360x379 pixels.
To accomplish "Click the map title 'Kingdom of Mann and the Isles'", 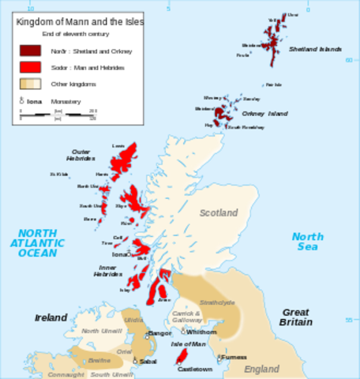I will click(80, 23).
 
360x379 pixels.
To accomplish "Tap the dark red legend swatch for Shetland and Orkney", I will click(31, 51).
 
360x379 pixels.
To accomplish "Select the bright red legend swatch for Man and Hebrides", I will click(31, 67).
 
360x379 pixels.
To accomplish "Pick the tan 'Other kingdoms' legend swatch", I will click(31, 84).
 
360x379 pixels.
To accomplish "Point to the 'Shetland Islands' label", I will click(314, 49).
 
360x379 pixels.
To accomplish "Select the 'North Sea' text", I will click(307, 242).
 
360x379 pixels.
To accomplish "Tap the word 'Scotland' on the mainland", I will click(218, 213).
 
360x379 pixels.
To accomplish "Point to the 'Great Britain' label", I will click(296, 317).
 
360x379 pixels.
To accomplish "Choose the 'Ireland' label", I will click(51, 317).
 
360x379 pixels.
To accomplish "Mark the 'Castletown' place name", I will click(196, 369).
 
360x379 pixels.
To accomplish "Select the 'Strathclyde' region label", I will click(217, 302).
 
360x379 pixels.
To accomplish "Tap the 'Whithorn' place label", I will click(201, 332).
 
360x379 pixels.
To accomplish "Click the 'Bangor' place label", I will click(159, 333).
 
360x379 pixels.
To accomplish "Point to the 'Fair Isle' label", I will click(273, 84).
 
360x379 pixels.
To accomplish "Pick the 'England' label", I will click(261, 369).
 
